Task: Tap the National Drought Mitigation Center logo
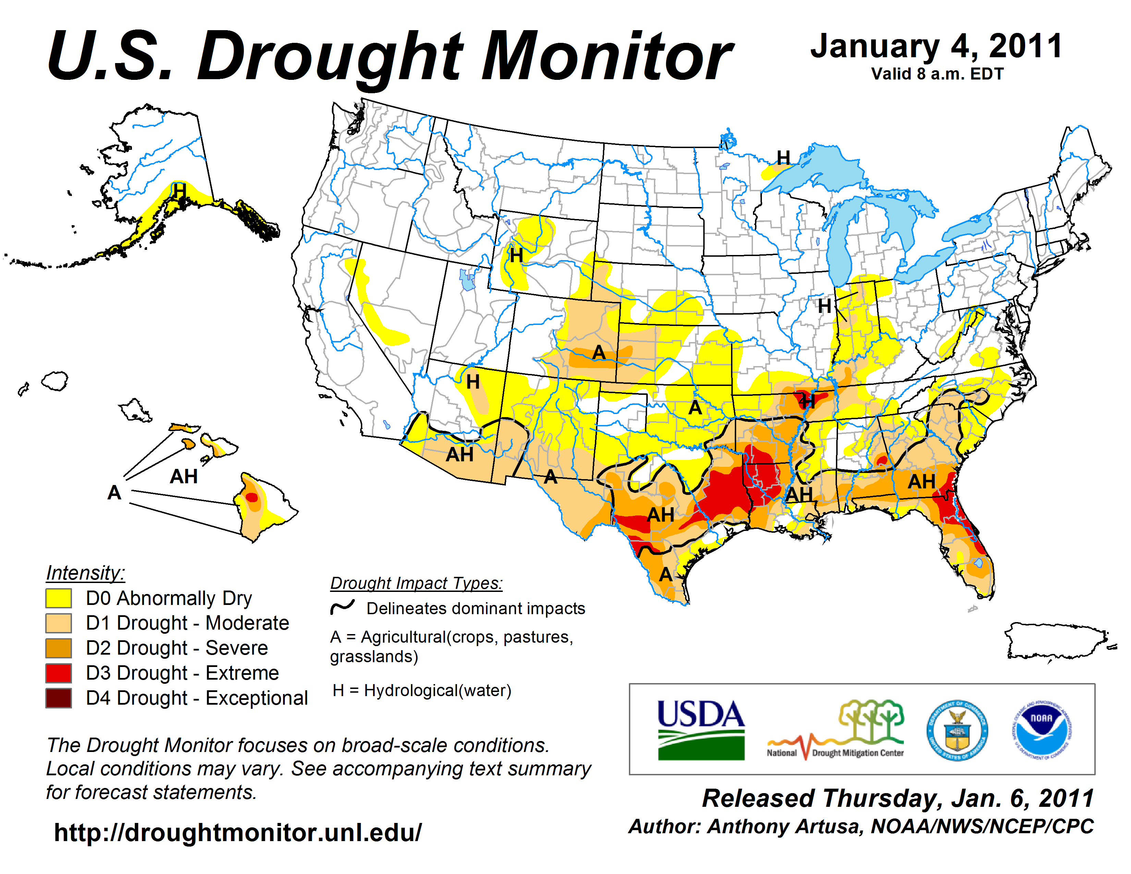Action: [x=836, y=730]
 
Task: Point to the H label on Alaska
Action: [x=180, y=191]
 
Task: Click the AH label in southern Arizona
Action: [x=459, y=454]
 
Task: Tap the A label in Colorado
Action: [x=599, y=353]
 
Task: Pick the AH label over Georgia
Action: [x=921, y=482]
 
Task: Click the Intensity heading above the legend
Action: [x=85, y=573]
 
